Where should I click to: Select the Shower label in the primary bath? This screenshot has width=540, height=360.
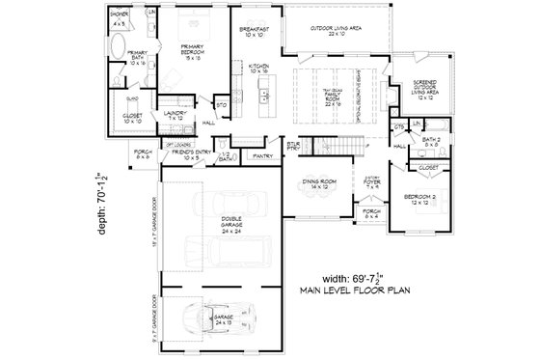tap(119, 18)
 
